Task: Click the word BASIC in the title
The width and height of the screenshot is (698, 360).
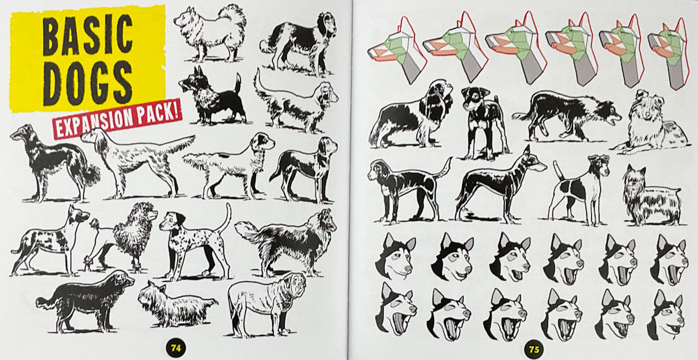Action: point(87,36)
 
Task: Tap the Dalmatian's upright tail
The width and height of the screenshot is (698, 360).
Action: point(225,218)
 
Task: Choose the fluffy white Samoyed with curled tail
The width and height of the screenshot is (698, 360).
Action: point(208,31)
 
